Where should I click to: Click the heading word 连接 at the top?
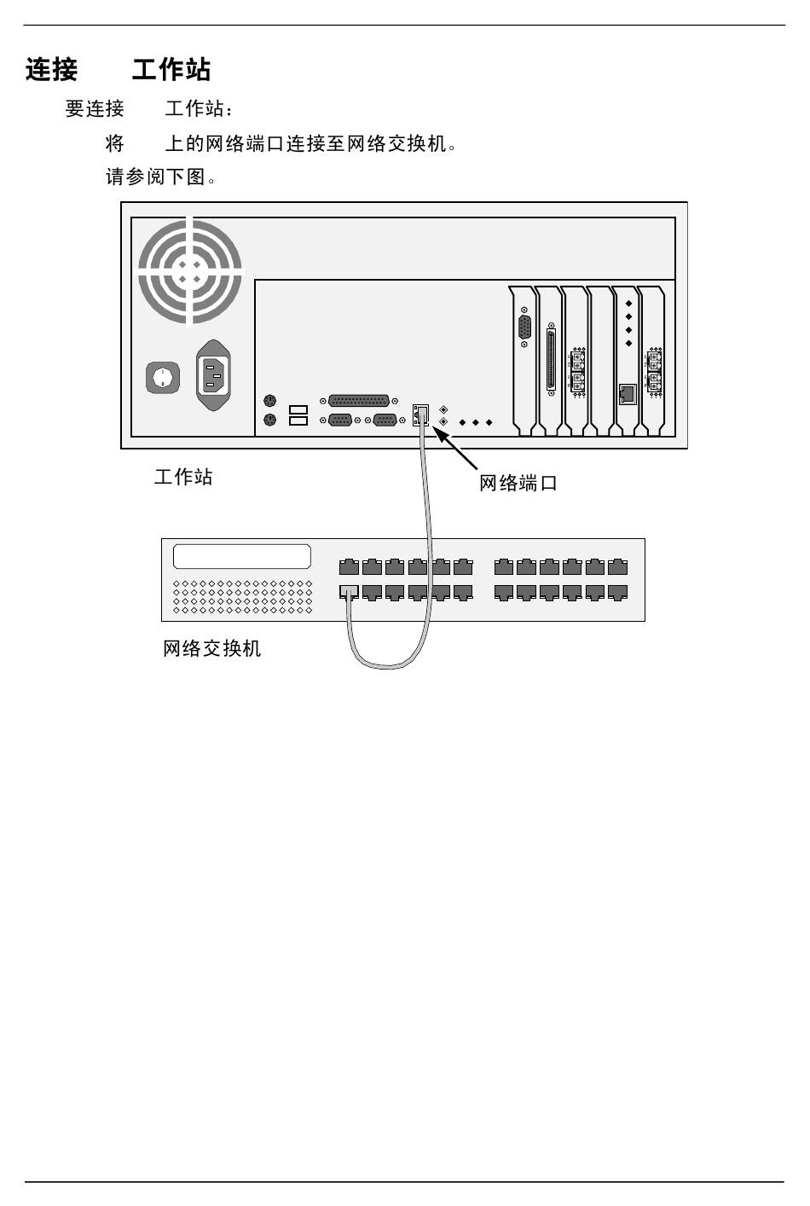[x=51, y=70]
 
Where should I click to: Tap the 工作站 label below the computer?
[x=183, y=477]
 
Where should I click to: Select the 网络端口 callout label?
[x=518, y=484]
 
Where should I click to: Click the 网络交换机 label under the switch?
[x=212, y=649]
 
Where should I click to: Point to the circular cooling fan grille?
[x=190, y=271]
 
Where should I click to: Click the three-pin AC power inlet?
[x=214, y=375]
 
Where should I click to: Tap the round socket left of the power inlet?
[x=163, y=377]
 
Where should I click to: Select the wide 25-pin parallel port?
[x=358, y=401]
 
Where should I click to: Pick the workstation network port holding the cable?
[x=420, y=416]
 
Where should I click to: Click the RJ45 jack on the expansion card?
[x=628, y=393]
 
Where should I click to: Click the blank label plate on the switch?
[x=242, y=557]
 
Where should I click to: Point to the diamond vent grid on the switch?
[x=243, y=597]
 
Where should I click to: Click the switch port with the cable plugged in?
[x=349, y=591]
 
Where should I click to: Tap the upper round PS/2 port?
[x=270, y=401]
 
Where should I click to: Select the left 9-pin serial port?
[x=341, y=420]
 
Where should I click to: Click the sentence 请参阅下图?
[x=159, y=177]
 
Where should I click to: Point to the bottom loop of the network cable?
[x=388, y=664]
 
